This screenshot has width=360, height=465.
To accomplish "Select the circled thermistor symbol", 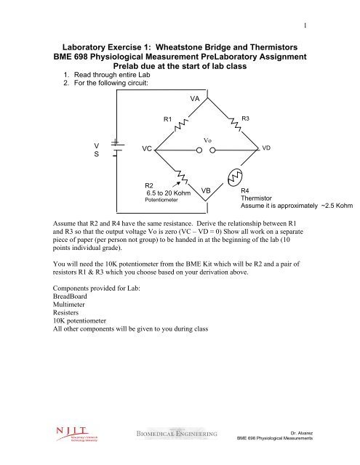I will tap(235, 178).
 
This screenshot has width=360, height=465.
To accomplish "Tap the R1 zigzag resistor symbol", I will tap(180, 128).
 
